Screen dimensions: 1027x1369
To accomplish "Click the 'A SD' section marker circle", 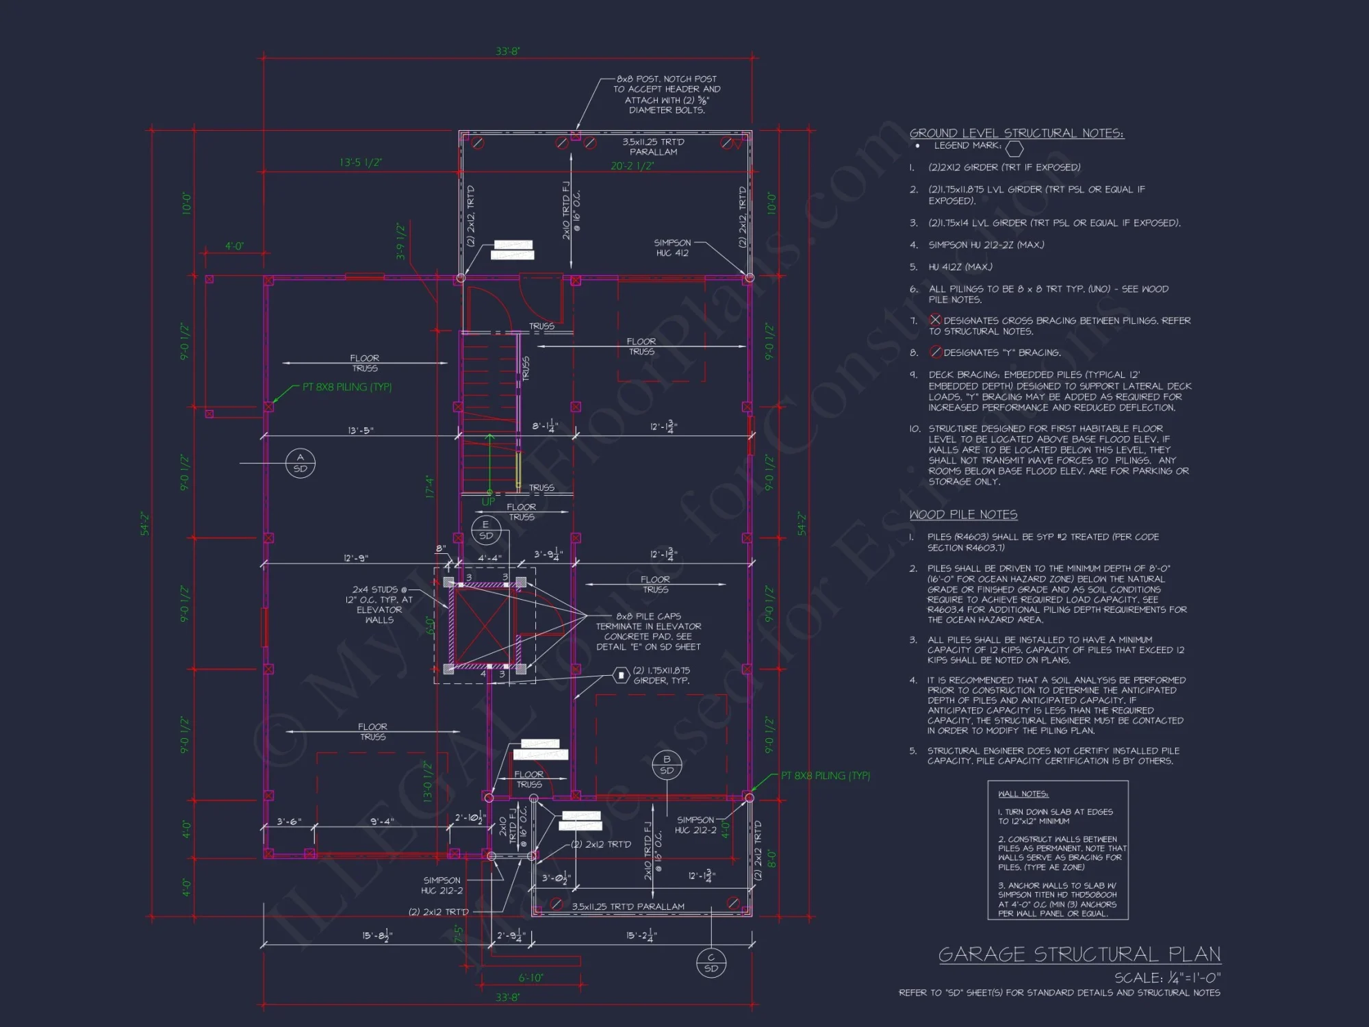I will [x=300, y=463].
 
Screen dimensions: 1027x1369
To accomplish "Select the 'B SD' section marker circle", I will [x=667, y=765].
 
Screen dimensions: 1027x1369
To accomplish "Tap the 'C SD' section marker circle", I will [x=711, y=963].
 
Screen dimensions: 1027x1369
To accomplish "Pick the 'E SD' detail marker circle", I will [x=486, y=531].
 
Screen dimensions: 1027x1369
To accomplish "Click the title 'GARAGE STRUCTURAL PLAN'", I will [x=1079, y=954].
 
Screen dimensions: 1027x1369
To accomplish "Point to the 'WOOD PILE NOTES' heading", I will [x=963, y=515].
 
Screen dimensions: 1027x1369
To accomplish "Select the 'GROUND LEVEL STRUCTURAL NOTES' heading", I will [x=1016, y=134].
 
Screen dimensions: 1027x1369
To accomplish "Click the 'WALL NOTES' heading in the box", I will [x=1023, y=794].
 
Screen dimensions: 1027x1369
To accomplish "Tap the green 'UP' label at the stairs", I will [x=488, y=502].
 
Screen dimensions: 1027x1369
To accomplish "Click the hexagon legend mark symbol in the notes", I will [x=1014, y=148].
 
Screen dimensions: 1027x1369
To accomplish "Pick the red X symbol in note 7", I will [x=935, y=320].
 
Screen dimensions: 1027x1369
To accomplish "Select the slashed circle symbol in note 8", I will [x=935, y=352].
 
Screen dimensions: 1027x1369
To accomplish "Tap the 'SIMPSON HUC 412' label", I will [x=672, y=248].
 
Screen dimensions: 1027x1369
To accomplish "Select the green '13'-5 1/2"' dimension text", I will [x=361, y=162].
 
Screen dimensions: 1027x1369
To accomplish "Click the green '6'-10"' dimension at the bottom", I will [x=530, y=978].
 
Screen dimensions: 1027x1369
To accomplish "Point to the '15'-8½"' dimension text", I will [x=377, y=936].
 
